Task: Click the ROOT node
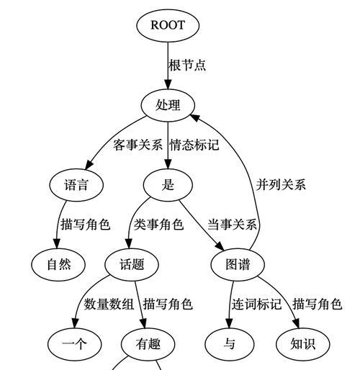click(x=168, y=25)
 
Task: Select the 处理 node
click(x=168, y=105)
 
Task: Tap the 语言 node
click(x=76, y=185)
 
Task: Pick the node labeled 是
click(x=168, y=185)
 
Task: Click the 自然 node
click(x=58, y=264)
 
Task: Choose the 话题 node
click(x=132, y=264)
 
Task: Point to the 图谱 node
click(x=238, y=264)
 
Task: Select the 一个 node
click(x=74, y=344)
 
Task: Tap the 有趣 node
click(x=148, y=344)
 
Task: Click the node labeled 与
click(x=229, y=344)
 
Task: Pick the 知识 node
click(x=303, y=344)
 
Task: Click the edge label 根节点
click(x=187, y=65)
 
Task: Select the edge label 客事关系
click(x=138, y=145)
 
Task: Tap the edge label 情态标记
click(x=194, y=145)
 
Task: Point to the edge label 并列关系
click(x=281, y=184)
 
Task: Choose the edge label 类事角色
click(x=158, y=225)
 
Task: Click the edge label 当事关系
click(x=232, y=225)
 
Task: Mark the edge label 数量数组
click(x=109, y=304)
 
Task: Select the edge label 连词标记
click(x=256, y=304)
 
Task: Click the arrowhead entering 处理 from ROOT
click(x=168, y=85)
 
